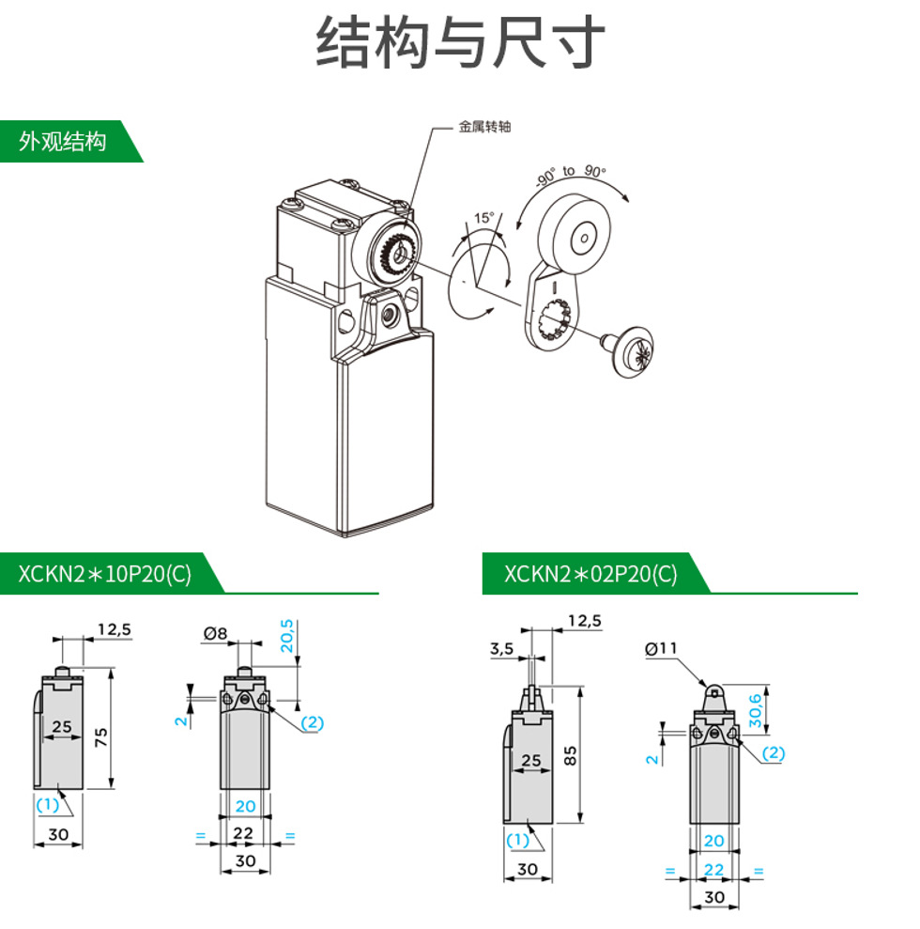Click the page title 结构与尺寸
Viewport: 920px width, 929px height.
[460, 42]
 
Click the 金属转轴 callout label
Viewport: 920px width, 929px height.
[484, 126]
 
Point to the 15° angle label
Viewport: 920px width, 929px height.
[483, 217]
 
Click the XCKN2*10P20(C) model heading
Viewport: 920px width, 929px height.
[105, 574]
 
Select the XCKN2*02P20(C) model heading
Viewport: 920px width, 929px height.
[590, 574]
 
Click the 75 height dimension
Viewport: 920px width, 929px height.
[101, 737]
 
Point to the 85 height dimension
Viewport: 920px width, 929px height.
[570, 755]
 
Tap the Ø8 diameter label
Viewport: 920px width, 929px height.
[215, 633]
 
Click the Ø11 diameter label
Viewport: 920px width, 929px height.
[661, 648]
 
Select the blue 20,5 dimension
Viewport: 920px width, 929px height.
[286, 636]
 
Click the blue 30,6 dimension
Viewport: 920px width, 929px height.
[755, 710]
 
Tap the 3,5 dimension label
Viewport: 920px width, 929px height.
[501, 649]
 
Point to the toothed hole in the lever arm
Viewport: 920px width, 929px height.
[554, 320]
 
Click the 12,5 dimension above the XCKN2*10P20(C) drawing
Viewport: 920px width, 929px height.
[115, 629]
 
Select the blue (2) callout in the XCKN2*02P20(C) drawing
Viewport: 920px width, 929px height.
[774, 753]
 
